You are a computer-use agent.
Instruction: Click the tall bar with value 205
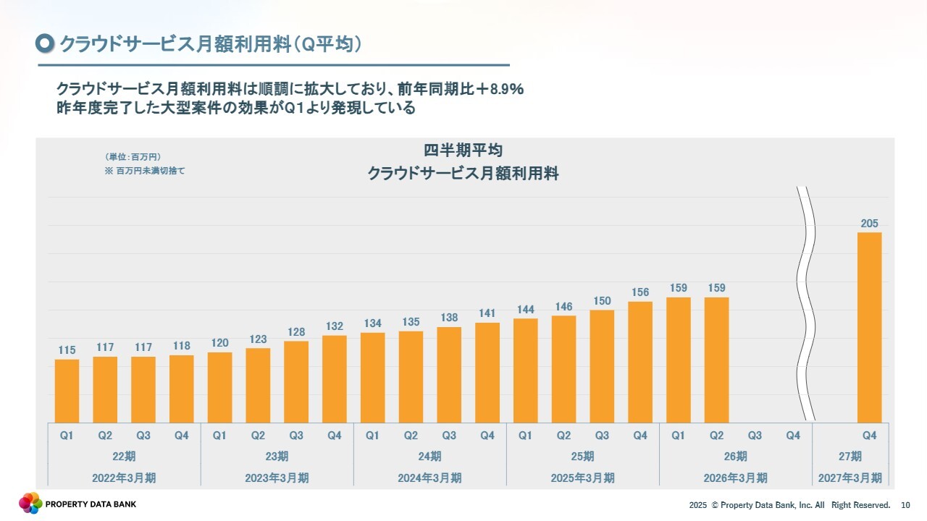tap(869, 327)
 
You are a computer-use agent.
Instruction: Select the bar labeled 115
tap(67, 391)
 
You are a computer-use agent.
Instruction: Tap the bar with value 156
tap(640, 362)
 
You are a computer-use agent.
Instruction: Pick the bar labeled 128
tap(296, 381)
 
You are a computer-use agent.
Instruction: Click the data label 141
tap(487, 313)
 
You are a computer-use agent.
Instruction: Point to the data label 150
tap(602, 301)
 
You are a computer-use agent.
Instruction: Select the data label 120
tap(219, 343)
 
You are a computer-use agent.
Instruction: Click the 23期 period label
tap(277, 457)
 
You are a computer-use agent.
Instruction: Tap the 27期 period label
tap(850, 457)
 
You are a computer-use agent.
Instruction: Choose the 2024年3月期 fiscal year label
tap(429, 478)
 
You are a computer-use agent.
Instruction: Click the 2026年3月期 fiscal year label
tap(735, 478)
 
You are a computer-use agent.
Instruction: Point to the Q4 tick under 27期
tap(869, 436)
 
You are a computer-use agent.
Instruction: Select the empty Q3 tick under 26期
tap(755, 436)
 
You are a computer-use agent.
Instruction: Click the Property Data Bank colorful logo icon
tap(30, 503)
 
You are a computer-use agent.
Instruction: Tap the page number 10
tap(905, 505)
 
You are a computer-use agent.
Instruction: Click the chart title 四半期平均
tap(463, 151)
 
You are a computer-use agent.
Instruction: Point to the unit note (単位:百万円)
tap(133, 157)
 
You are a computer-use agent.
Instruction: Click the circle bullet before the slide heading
tap(45, 44)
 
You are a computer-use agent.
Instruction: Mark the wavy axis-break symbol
tap(806, 304)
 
